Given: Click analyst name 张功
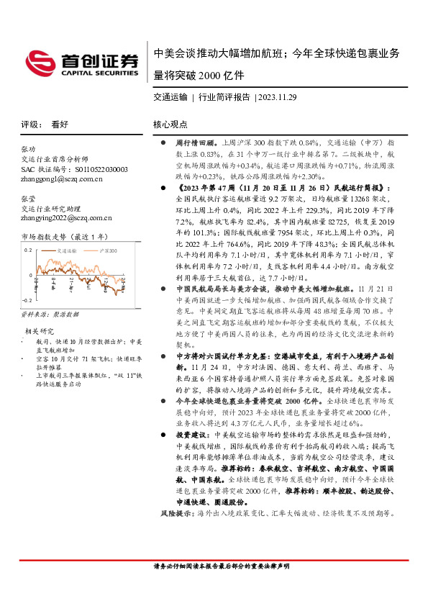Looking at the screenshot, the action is (29, 149).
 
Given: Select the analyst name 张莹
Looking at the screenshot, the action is (29, 196).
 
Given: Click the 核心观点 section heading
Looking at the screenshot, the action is (170, 124).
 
